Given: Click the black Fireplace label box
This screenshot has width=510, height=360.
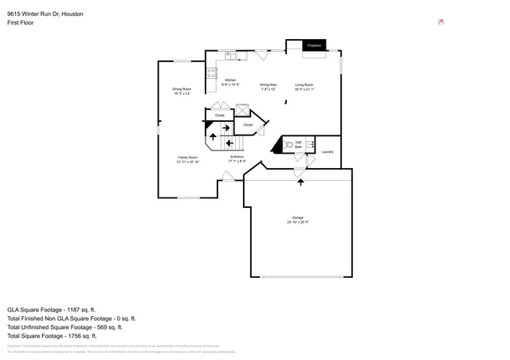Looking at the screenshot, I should (314, 46).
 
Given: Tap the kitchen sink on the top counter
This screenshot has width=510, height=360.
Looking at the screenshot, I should (229, 56).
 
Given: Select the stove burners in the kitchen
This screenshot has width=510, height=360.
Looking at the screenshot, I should (212, 73).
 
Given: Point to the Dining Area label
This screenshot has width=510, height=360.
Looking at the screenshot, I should (268, 86).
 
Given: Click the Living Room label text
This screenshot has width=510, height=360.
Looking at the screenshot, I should (304, 86).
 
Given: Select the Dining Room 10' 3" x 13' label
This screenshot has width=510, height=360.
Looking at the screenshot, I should (182, 91).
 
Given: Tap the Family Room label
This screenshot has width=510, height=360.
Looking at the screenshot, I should (187, 160).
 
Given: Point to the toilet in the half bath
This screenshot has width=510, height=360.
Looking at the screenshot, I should (290, 146).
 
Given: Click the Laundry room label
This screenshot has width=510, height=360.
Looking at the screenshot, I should (327, 151).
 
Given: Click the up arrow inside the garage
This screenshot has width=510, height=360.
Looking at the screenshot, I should (300, 183).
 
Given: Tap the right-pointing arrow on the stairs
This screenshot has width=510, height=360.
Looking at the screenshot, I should (226, 127).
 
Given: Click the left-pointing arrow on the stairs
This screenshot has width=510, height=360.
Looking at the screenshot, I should (229, 143).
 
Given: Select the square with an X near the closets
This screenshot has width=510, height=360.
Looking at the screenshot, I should (242, 111).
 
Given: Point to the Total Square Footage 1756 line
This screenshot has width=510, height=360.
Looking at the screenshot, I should (50, 335).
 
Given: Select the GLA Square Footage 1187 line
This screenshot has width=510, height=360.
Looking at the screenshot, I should (51, 309).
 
